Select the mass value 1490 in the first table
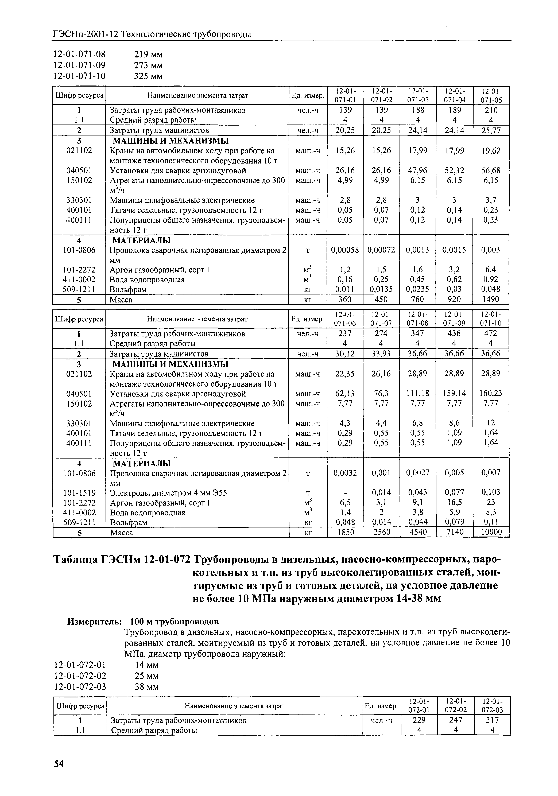pyautogui.click(x=491, y=299)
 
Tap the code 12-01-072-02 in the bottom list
pyautogui.click(x=80, y=676)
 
